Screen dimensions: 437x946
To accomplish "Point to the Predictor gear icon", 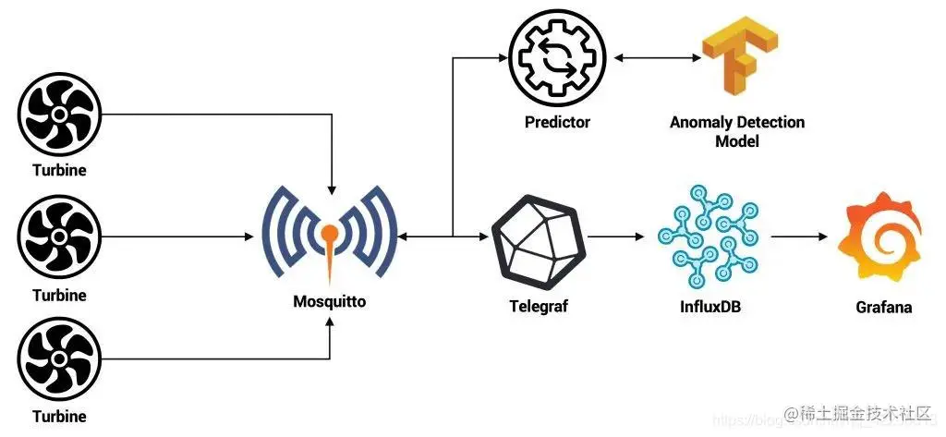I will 557,58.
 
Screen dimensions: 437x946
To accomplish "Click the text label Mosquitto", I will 329,300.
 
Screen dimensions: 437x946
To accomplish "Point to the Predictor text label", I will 557,122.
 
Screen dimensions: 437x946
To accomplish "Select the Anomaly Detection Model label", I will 736,131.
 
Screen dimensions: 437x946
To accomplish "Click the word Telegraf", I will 538,305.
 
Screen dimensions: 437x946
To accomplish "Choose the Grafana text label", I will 883,307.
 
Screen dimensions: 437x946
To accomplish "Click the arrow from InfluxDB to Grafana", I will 799,238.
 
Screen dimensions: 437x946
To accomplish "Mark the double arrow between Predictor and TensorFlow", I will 653,58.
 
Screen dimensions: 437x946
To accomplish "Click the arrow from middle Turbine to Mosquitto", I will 176,238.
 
